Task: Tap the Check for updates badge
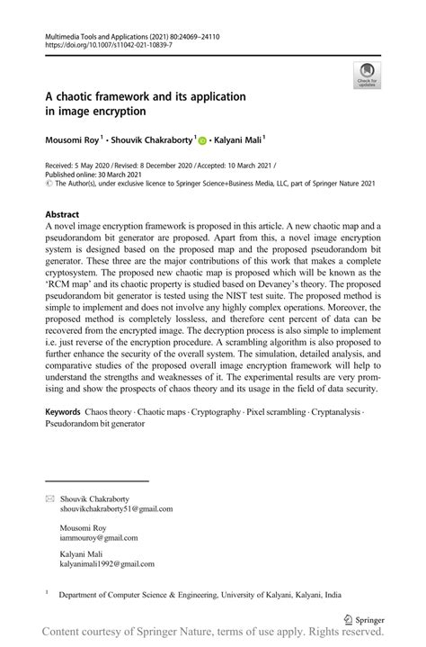coord(367,76)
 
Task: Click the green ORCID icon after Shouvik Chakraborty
coord(203,140)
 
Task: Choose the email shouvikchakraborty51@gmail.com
coord(116,508)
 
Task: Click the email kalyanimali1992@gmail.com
coord(107,564)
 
